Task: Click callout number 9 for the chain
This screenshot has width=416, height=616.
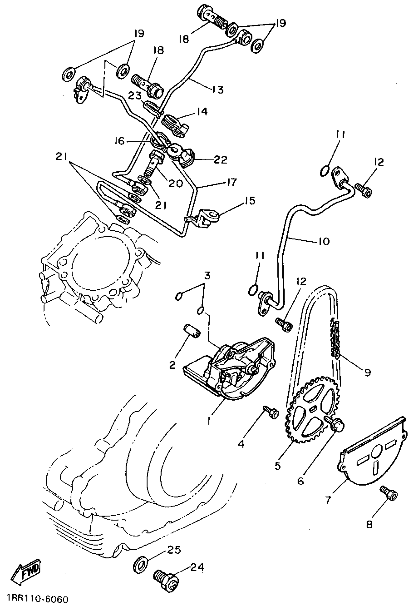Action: coord(367,373)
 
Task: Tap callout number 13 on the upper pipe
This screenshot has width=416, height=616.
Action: coord(218,89)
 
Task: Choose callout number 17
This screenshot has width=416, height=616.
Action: coord(231,182)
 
